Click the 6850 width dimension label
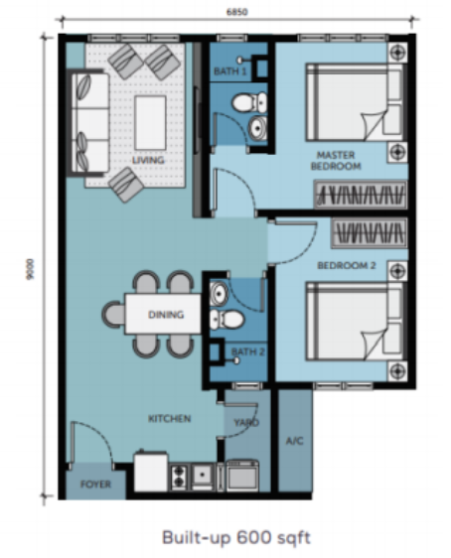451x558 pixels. [236, 12]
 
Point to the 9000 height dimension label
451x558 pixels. [30, 269]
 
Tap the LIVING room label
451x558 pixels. [148, 160]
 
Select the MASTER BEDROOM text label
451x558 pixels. [336, 161]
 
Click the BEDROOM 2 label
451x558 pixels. [347, 265]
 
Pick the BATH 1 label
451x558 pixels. [229, 71]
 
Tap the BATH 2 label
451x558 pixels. [247, 351]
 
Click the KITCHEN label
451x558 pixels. [170, 419]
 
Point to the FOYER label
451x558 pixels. [95, 484]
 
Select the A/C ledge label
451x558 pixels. [295, 441]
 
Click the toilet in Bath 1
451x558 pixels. [249, 102]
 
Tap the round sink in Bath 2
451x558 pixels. [219, 294]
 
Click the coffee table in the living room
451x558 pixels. [150, 123]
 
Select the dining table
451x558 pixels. [163, 314]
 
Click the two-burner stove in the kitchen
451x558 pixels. [179, 477]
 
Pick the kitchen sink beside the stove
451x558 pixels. [203, 475]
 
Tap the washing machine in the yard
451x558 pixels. [242, 477]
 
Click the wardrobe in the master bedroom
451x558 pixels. [361, 195]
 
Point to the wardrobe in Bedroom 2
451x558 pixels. [370, 233]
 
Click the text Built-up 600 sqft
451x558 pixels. [236, 537]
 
